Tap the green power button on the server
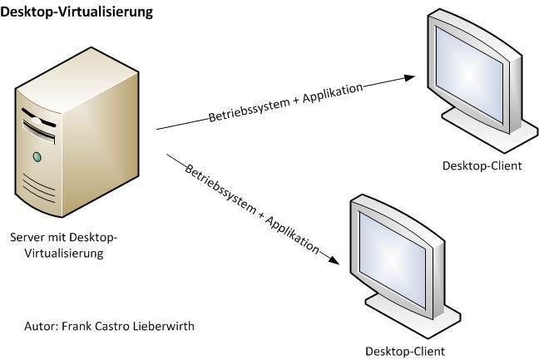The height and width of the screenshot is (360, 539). tap(37, 155)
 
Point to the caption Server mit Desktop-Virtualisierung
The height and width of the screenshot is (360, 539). tap(63, 246)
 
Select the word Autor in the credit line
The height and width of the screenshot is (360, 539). tap(41, 326)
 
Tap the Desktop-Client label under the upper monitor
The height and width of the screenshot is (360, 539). tap(482, 166)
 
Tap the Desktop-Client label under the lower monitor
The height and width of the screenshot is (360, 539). tap(405, 350)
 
